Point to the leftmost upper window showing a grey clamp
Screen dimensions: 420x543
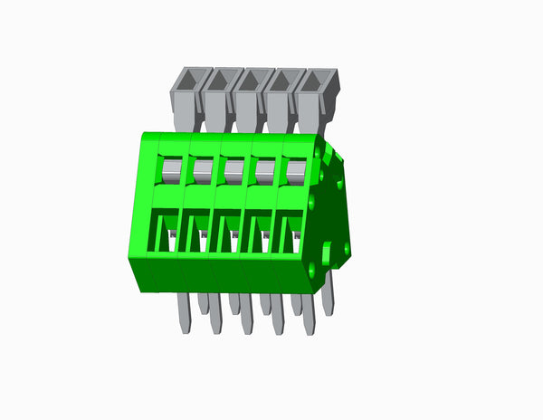point(171,167)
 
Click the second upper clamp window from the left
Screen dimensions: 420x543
point(202,167)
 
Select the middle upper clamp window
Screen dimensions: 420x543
point(233,167)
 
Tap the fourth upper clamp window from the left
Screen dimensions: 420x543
point(264,167)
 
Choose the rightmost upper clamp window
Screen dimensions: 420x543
point(295,167)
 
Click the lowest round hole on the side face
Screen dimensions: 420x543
point(312,270)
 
